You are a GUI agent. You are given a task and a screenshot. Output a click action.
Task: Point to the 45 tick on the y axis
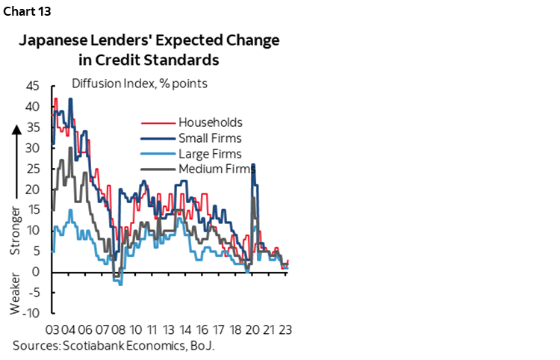click(32, 86)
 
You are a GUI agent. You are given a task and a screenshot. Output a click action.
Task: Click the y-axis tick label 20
click(32, 189)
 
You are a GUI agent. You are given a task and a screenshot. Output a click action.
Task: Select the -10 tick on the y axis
click(30, 313)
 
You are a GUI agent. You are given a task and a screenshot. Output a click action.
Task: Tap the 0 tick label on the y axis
click(36, 272)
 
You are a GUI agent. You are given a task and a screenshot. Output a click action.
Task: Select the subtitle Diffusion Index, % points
click(139, 84)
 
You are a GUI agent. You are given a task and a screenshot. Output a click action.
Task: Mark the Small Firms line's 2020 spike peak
click(253, 164)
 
